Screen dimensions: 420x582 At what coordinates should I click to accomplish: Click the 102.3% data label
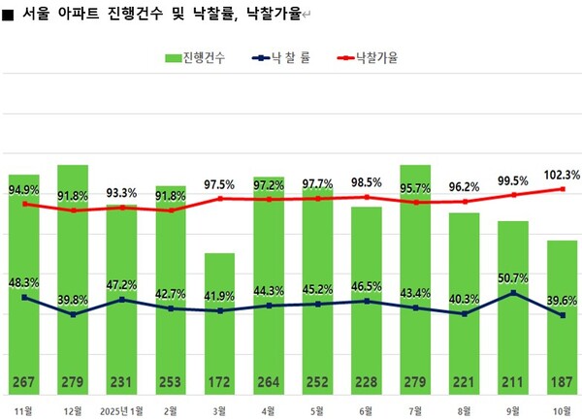coord(563,175)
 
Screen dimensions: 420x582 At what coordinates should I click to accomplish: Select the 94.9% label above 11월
coord(23,189)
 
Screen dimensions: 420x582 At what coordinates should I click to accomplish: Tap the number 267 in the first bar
coord(23,379)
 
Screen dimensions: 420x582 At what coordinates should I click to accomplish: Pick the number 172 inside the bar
coord(219,379)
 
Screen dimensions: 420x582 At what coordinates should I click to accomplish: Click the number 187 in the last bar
coord(563,379)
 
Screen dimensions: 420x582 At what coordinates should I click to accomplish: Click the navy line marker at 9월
coord(514,293)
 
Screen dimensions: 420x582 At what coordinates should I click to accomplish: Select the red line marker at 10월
coord(563,189)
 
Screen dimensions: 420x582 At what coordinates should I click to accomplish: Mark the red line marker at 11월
coord(23,204)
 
